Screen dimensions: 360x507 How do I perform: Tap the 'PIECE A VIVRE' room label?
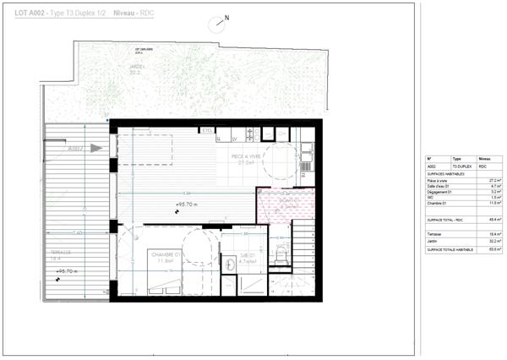point(251,157)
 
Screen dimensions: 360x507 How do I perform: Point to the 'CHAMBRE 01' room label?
point(167,254)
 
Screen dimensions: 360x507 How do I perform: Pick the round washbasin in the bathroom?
point(230,264)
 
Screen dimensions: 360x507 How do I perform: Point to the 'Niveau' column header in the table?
point(484,158)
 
